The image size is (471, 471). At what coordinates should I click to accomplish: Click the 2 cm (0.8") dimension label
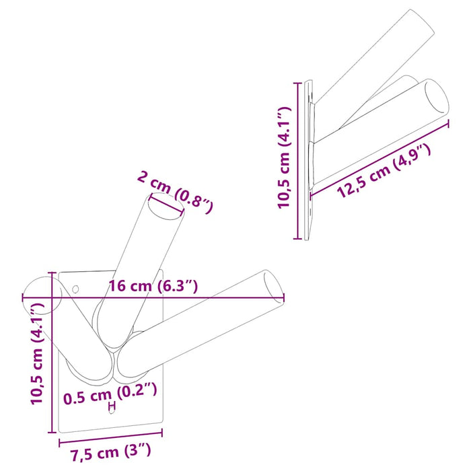[175, 191]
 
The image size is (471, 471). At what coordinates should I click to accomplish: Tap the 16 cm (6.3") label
[153, 287]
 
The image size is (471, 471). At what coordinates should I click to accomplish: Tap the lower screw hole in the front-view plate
[112, 411]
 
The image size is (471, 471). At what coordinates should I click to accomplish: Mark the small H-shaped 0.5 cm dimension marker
[112, 405]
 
